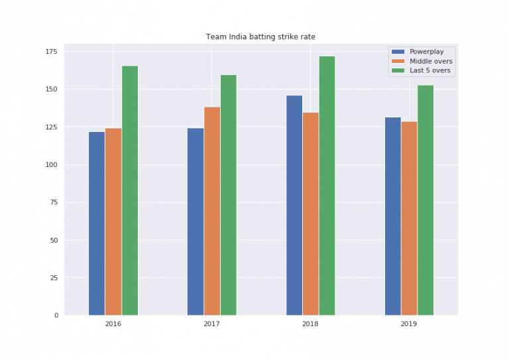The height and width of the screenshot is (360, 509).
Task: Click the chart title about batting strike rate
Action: tap(260, 36)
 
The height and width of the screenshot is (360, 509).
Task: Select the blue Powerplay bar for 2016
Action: tap(97, 223)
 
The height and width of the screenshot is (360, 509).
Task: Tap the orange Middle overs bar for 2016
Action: tap(113, 221)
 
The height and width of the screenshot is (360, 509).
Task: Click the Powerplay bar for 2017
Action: tap(196, 221)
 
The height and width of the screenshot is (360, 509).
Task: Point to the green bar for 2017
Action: tap(229, 195)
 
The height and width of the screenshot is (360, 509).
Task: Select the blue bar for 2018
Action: tap(294, 206)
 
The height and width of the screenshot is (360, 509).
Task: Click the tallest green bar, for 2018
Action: tap(327, 186)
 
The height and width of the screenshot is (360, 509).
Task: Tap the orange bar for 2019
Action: tap(409, 218)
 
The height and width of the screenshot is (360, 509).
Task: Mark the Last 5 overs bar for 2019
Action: tap(425, 200)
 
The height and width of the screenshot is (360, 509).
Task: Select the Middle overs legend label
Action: tap(431, 61)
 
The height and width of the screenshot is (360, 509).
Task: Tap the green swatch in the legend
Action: tap(398, 70)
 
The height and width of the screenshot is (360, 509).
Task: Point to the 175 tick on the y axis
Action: tap(52, 52)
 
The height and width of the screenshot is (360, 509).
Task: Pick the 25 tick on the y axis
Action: tap(54, 278)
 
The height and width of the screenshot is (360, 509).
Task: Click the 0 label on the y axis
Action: tap(56, 316)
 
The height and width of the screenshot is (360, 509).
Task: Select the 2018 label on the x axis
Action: tap(310, 325)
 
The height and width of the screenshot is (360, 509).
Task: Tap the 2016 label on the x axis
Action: tap(113, 325)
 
